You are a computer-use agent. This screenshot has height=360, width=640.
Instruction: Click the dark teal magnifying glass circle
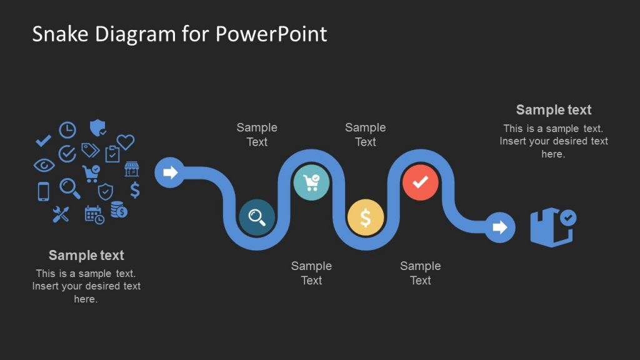pyautogui.click(x=257, y=217)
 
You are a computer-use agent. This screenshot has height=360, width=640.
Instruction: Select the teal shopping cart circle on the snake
pyautogui.click(x=311, y=182)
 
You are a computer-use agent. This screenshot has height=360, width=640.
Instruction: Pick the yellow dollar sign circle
pyautogui.click(x=366, y=217)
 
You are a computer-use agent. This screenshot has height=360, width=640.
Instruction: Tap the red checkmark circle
pyautogui.click(x=421, y=182)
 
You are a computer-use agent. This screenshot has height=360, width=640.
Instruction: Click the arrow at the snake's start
pyautogui.click(x=170, y=172)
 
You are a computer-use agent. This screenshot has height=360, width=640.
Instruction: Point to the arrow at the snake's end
pyautogui.click(x=499, y=227)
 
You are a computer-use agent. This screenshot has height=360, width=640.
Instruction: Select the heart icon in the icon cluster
pyautogui.click(x=126, y=142)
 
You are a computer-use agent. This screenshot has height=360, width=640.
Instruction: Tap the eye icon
pyautogui.click(x=44, y=165)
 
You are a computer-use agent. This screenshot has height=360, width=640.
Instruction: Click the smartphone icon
pyautogui.click(x=43, y=191)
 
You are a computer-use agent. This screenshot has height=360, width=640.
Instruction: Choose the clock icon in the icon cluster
pyautogui.click(x=67, y=130)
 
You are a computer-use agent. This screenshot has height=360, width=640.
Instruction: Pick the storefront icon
pyautogui.click(x=131, y=169)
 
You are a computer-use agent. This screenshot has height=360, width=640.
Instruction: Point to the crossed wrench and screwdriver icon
pyautogui.click(x=61, y=214)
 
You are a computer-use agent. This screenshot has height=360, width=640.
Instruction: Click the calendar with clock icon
pyautogui.click(x=94, y=214)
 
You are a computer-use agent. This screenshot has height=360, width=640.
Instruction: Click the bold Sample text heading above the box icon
pyautogui.click(x=554, y=110)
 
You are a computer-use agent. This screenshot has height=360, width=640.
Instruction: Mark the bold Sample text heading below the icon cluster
pyautogui.click(x=86, y=255)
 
